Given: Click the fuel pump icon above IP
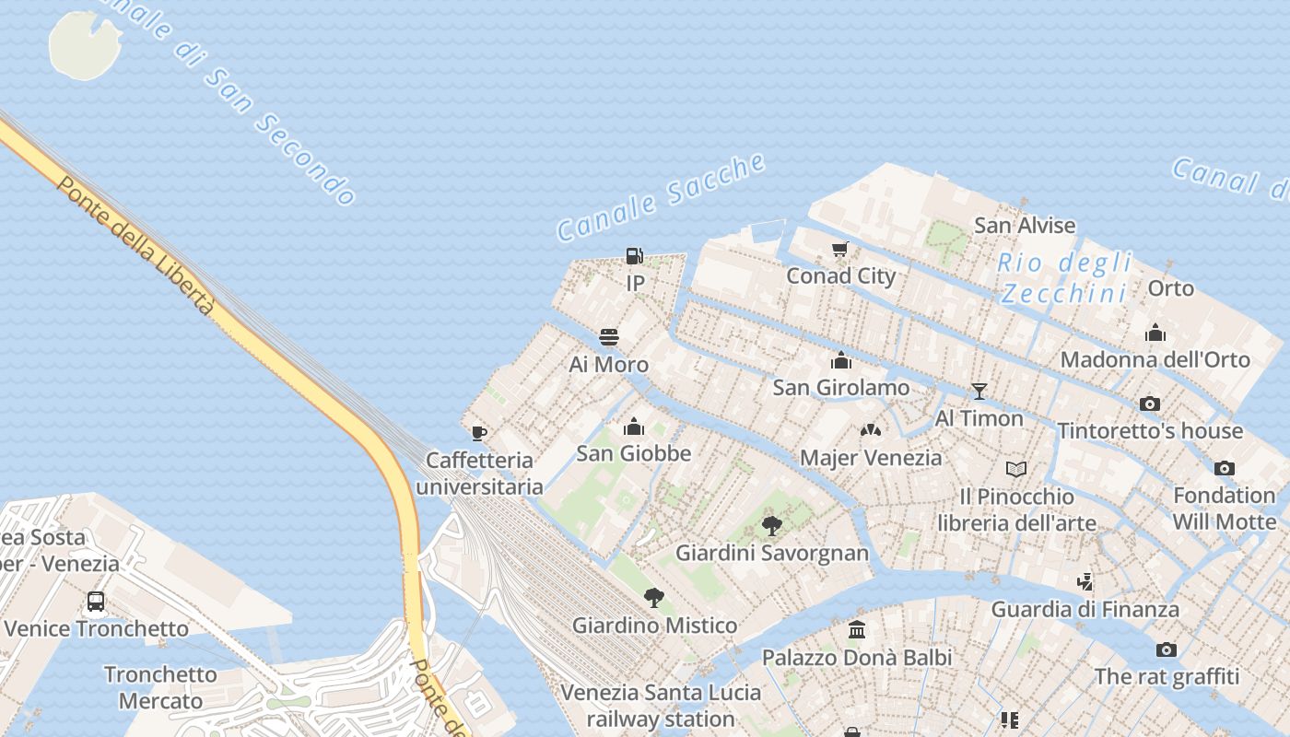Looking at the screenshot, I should (x=634, y=256).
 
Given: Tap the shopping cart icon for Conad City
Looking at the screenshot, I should (x=839, y=249).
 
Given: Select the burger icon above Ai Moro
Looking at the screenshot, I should (x=608, y=337).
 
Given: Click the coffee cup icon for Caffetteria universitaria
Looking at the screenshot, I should (x=478, y=432).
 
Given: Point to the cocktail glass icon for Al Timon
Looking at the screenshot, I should (x=979, y=392).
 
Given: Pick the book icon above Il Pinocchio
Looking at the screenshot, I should (x=1016, y=470).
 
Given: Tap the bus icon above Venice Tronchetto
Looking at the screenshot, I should (x=96, y=602).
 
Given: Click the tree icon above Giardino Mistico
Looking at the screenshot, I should (x=654, y=598).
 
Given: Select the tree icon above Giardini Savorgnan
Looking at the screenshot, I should (x=772, y=526).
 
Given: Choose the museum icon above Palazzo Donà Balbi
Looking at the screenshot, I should (x=857, y=630).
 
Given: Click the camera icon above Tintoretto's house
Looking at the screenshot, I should (x=1149, y=404).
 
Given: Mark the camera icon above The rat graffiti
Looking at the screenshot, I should (x=1166, y=649).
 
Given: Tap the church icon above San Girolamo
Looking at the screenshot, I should (x=840, y=360).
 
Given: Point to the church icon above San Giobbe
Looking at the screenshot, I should (x=633, y=427).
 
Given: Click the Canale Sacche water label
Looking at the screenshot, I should (x=661, y=197).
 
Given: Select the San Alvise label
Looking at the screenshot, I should (x=1025, y=225).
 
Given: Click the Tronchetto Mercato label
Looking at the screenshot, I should (x=160, y=687).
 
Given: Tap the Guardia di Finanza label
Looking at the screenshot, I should (x=1085, y=609).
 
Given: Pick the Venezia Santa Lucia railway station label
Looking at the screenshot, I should (x=661, y=706).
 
